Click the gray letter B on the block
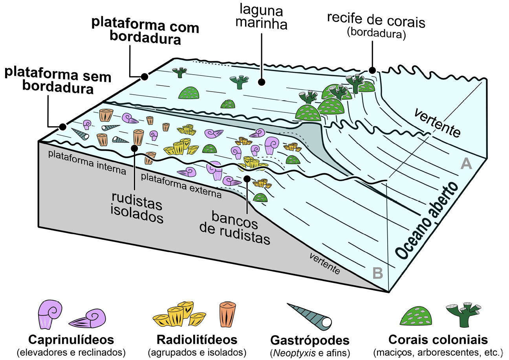pos(377,272)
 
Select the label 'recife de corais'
pos(376,23)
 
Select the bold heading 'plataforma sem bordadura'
pos(49,81)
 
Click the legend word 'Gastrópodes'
pos(310,340)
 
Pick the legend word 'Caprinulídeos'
pos(71,340)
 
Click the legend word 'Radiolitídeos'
pos(197,340)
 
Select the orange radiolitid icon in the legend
pos(228,314)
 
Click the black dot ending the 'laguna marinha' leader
pos(260,82)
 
